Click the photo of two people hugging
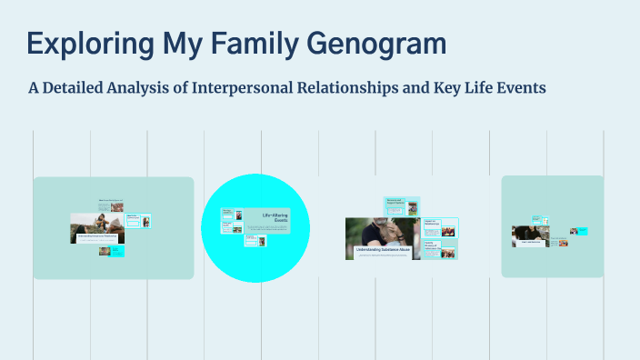pos(381,232)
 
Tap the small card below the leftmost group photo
pos(111,251)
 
